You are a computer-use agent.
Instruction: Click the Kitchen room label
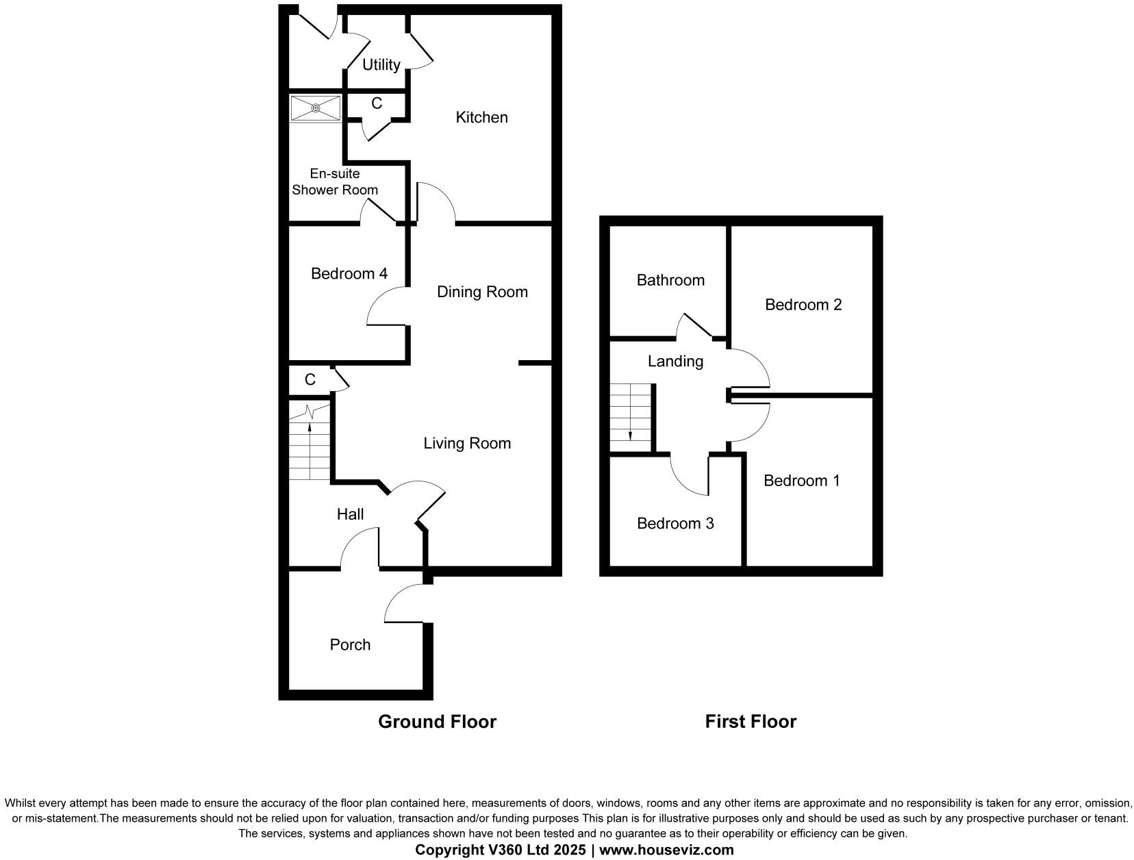(481, 118)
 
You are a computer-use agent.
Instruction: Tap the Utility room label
(381, 65)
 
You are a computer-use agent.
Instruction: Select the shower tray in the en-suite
(315, 108)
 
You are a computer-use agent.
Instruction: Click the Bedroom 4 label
(349, 274)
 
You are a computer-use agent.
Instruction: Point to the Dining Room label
(482, 292)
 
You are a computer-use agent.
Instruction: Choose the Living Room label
(467, 444)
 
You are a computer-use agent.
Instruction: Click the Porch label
(350, 645)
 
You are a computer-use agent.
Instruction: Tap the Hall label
(350, 514)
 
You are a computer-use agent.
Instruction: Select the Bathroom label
(670, 280)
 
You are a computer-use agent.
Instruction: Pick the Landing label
(675, 362)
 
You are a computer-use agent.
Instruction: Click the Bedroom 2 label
(803, 305)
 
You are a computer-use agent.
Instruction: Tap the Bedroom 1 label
(801, 481)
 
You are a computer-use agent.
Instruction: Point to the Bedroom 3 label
(675, 524)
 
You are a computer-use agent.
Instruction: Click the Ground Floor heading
(437, 722)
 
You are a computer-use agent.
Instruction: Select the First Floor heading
(751, 722)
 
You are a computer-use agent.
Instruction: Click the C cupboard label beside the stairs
(310, 380)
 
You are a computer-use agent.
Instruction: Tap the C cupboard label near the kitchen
(376, 103)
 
